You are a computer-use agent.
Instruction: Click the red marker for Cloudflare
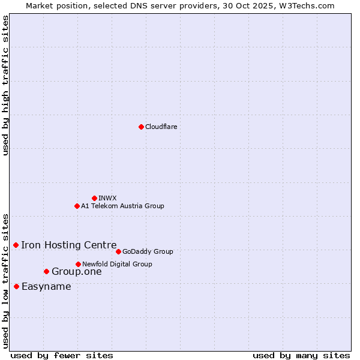pos(141,127)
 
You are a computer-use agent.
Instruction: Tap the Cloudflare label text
pos(161,127)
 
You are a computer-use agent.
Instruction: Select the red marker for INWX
pos(94,198)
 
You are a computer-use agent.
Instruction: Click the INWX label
pos(107,198)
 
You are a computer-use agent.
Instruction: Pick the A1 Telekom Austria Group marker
pos(77,206)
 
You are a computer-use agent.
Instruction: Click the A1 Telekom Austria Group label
pos(122,206)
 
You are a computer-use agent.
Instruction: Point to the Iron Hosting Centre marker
pos(16,245)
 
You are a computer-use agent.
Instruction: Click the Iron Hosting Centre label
pos(69,245)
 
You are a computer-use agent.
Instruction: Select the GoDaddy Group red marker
pos(118,251)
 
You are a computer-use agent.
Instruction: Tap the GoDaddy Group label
pos(148,251)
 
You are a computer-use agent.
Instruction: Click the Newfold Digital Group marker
pos(78,264)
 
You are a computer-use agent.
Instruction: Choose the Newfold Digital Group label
pos(117,264)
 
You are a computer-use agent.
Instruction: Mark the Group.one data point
pos(46,271)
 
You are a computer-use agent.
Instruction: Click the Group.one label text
pos(77,272)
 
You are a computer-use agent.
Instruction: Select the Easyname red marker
pos(16,286)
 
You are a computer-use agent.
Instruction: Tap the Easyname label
pos(46,286)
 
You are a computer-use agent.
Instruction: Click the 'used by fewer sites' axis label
pos(62,355)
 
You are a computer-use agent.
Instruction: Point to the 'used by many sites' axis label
pos(301,355)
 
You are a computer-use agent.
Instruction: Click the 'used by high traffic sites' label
pos(6,85)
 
